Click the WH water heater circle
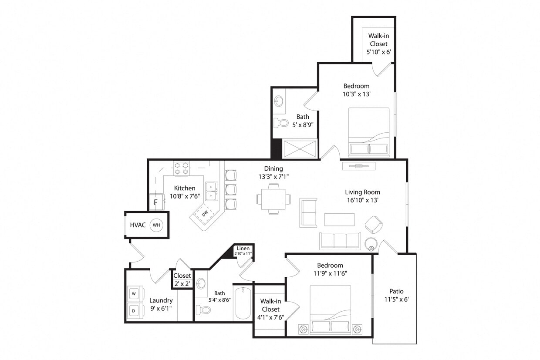pyautogui.click(x=156, y=225)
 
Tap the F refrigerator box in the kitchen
pyautogui.click(x=155, y=202)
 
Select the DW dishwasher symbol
pyautogui.click(x=205, y=213)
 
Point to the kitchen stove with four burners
pyautogui.click(x=182, y=168)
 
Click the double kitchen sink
pyautogui.click(x=212, y=192)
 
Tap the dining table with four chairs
pyautogui.click(x=273, y=199)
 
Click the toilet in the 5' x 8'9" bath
pyautogui.click(x=282, y=123)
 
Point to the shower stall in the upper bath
pyautogui.click(x=300, y=148)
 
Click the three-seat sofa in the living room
pyautogui.click(x=340, y=241)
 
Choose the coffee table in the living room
pyautogui.click(x=339, y=219)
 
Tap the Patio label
pyautogui.click(x=396, y=291)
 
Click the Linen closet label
pyautogui.click(x=243, y=249)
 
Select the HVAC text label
pyautogui.click(x=138, y=225)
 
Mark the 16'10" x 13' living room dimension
pyautogui.click(x=362, y=200)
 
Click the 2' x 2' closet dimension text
pyautogui.click(x=182, y=283)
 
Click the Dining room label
pyautogui.click(x=273, y=168)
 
